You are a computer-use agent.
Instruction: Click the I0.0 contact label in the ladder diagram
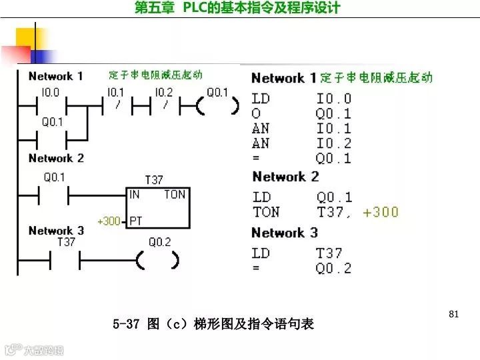51,93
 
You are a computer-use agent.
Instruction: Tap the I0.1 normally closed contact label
115,93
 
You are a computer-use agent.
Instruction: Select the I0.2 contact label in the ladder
163,93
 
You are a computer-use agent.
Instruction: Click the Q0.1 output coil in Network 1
217,105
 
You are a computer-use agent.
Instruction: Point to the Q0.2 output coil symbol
158,259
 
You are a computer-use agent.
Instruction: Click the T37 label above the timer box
154,180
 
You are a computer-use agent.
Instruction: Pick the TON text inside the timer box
175,195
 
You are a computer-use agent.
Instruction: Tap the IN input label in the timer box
135,195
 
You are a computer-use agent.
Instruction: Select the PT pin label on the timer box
135,221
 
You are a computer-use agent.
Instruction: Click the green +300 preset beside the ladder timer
109,221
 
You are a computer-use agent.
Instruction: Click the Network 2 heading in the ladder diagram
56,158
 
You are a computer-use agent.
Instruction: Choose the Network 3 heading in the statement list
285,233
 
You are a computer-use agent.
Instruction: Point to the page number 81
455,313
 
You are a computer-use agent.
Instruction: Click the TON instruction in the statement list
266,213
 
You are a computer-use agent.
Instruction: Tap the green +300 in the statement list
381,213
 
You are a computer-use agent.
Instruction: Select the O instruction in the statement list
257,113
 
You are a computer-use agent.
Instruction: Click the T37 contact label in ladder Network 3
67,242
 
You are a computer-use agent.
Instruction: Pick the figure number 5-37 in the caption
126,325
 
